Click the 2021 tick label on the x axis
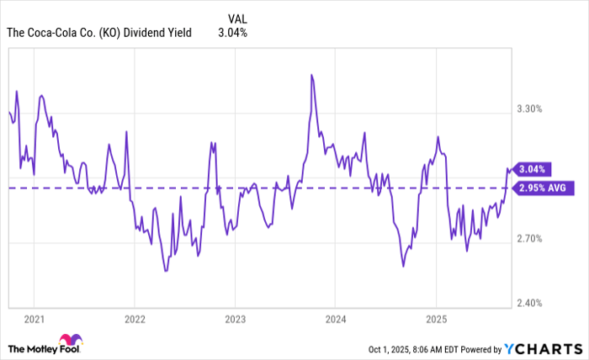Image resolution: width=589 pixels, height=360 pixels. click(x=34, y=320)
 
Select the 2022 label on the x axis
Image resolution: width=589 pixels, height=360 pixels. click(x=135, y=320)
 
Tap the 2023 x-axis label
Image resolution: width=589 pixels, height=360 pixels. click(x=235, y=320)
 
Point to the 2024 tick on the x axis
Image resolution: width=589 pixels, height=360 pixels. click(x=335, y=320)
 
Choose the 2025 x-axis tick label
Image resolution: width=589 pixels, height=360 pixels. click(x=436, y=320)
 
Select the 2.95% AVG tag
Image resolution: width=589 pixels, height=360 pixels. click(x=544, y=188)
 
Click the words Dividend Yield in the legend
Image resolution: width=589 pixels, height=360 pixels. click(x=162, y=33)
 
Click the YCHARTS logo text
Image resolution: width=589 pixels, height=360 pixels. click(x=542, y=347)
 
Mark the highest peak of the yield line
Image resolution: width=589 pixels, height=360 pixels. click(x=311, y=75)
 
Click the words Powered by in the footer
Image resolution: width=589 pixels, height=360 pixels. click(x=476, y=348)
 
